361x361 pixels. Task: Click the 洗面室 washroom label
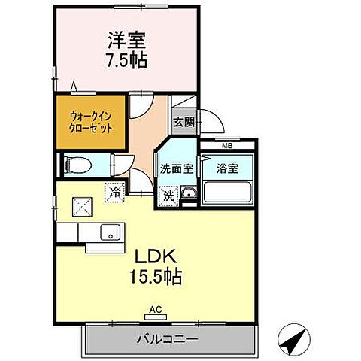click(x=175, y=168)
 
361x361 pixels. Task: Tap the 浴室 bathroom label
click(x=227, y=168)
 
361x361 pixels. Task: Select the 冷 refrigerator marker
click(x=115, y=191)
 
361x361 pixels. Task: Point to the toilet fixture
click(x=78, y=165)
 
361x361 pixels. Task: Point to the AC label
click(x=155, y=309)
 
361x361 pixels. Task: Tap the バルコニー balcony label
click(x=167, y=340)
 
